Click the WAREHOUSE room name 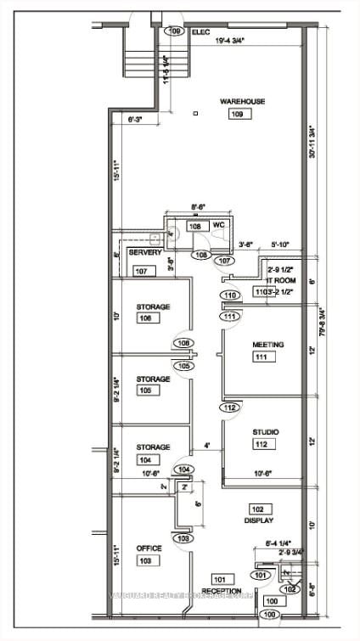click(242, 102)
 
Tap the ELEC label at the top click(200, 31)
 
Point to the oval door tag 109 click(176, 31)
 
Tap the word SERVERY click(144, 253)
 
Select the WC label click(218, 225)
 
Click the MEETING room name click(267, 345)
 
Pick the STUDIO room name click(265, 432)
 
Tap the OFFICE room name click(149, 548)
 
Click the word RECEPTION click(222, 591)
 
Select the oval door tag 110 click(229, 295)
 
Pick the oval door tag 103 click(182, 538)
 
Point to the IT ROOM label click(280, 280)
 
